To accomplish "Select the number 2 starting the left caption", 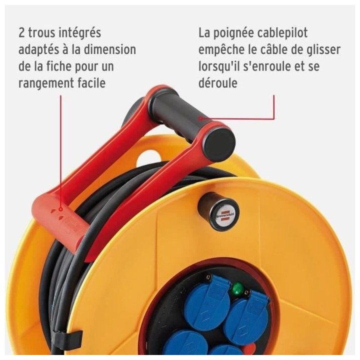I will [21, 33].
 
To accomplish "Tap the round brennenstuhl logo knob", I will [218, 212].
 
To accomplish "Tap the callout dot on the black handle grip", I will [200, 118].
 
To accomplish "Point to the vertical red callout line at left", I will [61, 150].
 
